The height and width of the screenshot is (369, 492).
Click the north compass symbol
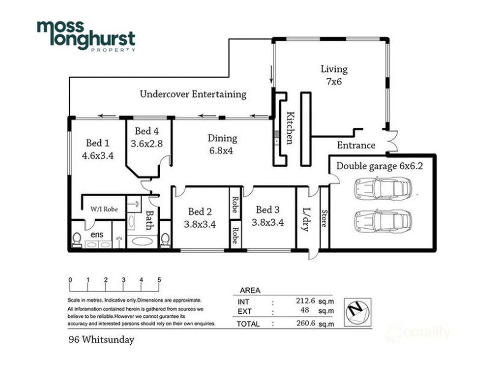click(x=358, y=312)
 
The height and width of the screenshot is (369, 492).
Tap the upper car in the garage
click(x=383, y=188)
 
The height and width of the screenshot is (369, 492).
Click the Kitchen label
click(x=290, y=128)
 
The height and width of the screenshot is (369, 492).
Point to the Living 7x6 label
click(x=334, y=75)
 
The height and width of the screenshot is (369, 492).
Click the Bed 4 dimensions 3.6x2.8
click(x=147, y=143)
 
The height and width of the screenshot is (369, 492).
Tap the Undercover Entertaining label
click(x=193, y=94)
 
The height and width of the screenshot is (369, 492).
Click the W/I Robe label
click(x=104, y=209)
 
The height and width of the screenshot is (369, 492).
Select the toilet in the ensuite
click(x=77, y=240)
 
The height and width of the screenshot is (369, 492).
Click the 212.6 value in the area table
click(x=306, y=301)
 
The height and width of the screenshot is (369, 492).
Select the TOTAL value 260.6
click(x=306, y=323)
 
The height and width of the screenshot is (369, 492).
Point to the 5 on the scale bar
click(x=159, y=280)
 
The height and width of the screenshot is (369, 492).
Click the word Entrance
click(x=356, y=145)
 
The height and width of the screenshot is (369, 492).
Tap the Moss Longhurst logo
click(x=86, y=36)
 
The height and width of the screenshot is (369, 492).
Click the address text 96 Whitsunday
click(x=101, y=339)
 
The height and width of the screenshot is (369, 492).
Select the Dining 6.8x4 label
click(x=222, y=144)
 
